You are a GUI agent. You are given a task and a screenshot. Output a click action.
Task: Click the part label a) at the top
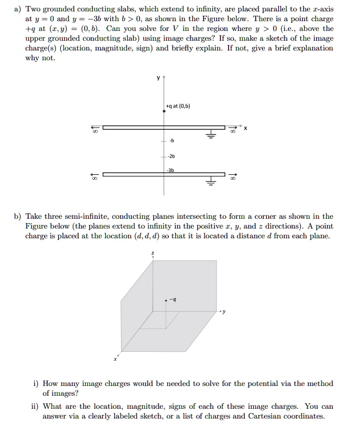18,9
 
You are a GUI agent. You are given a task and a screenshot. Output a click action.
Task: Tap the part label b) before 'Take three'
18,217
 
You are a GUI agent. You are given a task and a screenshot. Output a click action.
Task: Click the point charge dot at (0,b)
165,111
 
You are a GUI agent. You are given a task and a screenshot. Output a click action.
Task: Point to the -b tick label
172,141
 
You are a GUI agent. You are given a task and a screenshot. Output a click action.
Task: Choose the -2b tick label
173,156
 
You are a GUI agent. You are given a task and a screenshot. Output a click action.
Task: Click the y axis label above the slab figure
158,78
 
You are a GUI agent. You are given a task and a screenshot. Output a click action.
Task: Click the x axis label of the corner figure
115,359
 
